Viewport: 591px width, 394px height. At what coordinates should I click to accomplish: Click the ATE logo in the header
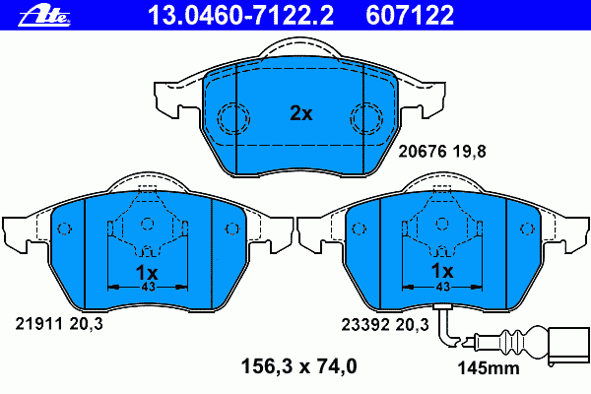pyautogui.click(x=44, y=16)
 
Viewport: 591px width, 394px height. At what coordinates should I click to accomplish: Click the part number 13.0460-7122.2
pyautogui.click(x=240, y=15)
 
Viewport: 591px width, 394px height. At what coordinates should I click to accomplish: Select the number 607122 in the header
pyautogui.click(x=410, y=15)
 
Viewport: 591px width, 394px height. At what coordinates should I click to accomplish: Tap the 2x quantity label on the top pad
pyautogui.click(x=301, y=112)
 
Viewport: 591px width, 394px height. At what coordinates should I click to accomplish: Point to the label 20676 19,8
pyautogui.click(x=442, y=152)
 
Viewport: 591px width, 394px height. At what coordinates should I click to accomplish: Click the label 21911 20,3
pyautogui.click(x=59, y=324)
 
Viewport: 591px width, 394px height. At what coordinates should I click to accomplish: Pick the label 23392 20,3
pyautogui.click(x=385, y=325)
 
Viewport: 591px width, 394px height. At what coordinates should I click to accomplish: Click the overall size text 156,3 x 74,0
pyautogui.click(x=298, y=366)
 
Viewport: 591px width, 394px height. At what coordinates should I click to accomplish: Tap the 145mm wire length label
pyautogui.click(x=489, y=368)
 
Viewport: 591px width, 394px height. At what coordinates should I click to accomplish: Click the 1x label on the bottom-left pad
pyautogui.click(x=147, y=272)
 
